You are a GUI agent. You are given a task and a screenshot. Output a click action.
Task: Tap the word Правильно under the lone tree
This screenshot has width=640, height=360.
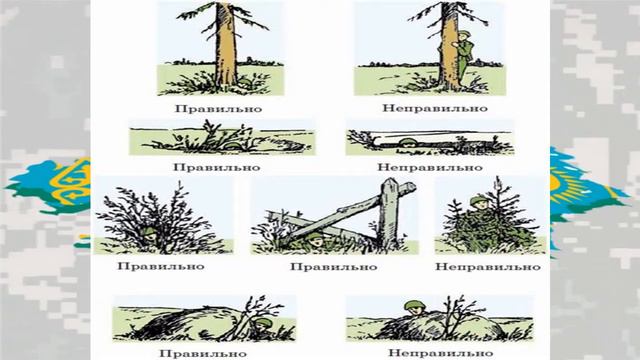point(218,109)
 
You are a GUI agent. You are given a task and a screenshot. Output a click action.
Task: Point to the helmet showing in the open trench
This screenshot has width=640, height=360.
point(407,142)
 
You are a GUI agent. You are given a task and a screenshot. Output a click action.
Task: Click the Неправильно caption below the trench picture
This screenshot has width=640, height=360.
point(430,167)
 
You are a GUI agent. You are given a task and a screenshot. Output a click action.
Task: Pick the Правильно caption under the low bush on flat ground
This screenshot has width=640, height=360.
point(217,167)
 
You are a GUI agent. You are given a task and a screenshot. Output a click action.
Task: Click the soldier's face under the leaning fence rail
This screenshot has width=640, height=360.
point(316,242)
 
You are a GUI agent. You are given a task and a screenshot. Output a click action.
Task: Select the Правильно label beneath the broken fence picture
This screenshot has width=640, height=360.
point(333,267)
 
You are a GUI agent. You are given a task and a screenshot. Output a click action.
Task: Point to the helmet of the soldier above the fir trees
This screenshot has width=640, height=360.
point(477,200)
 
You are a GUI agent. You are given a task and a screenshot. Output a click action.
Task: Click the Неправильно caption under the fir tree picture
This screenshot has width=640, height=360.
point(488,267)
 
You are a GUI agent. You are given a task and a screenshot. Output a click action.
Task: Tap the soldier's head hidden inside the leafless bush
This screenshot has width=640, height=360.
point(149,233)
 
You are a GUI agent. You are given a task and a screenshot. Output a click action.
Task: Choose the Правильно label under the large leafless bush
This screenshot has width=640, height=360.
point(161,266)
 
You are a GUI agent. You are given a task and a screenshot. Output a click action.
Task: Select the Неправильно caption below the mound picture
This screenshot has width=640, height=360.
point(440,353)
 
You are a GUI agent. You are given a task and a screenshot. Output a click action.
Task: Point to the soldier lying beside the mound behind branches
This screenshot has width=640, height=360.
point(262,325)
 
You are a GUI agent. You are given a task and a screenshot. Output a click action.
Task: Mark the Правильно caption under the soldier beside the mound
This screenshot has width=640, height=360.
point(203,353)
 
